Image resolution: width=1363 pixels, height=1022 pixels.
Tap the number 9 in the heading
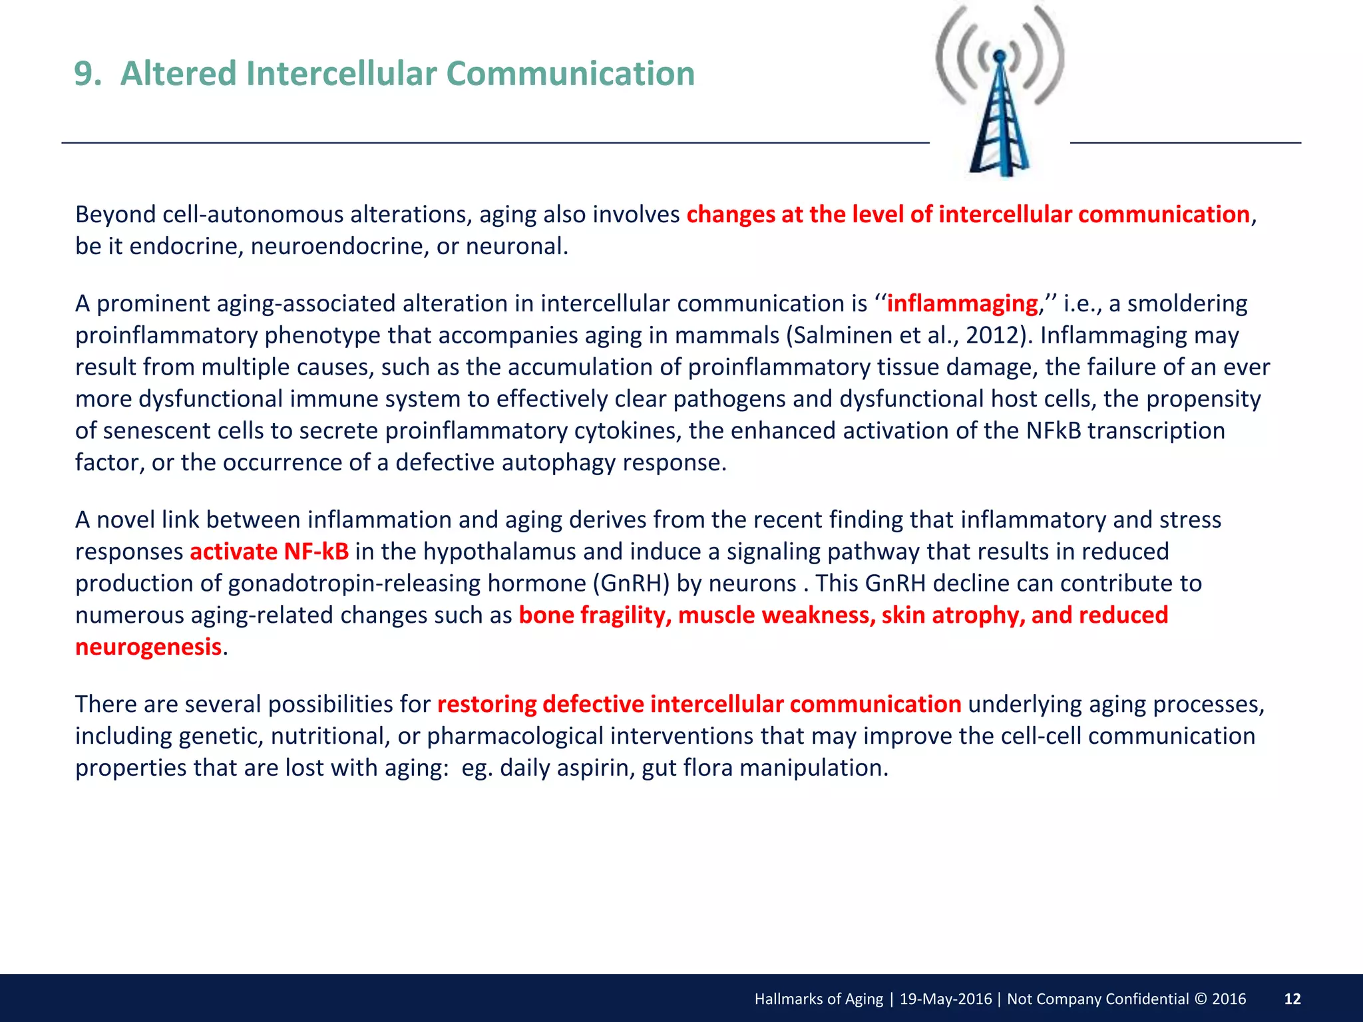tap(84, 73)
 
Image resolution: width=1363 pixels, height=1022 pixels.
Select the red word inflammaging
tap(962, 303)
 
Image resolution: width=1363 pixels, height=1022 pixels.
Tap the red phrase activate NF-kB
tap(269, 552)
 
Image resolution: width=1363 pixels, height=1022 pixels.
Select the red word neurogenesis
tap(148, 647)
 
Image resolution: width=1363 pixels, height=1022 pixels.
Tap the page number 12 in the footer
tap(1292, 999)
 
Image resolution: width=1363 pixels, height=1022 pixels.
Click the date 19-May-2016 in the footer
tap(945, 999)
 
